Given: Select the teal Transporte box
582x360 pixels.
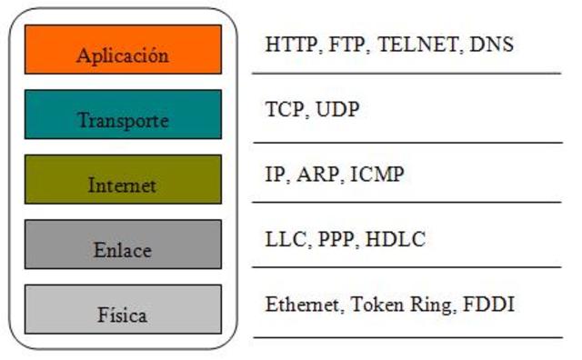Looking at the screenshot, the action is [x=123, y=115].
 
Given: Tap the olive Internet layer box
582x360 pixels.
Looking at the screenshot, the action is [x=123, y=179].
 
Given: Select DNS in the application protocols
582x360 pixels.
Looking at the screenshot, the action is [x=492, y=44].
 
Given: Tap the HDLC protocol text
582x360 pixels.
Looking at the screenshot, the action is [x=397, y=240].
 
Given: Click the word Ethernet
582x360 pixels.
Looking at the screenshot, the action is [x=300, y=305].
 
